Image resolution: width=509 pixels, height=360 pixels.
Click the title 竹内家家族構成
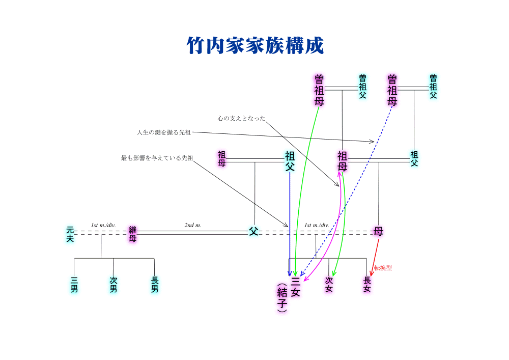pyautogui.click(x=255, y=46)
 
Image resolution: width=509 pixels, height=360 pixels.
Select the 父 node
pyautogui.click(x=253, y=232)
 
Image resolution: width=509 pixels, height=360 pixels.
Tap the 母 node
pyautogui.click(x=378, y=232)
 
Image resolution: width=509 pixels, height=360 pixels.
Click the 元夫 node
pyautogui.click(x=70, y=234)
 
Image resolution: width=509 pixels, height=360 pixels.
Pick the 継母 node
pyautogui.click(x=132, y=234)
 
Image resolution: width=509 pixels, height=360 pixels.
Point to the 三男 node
pyautogui.click(x=74, y=285)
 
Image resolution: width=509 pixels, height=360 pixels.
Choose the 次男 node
pyautogui.click(x=113, y=285)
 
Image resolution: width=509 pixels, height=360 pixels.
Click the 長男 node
pyautogui.click(x=154, y=285)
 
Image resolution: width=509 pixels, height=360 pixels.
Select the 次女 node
pyautogui.click(x=329, y=285)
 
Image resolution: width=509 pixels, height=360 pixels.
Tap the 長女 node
pyautogui.click(x=367, y=285)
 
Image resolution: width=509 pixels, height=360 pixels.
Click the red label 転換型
pyautogui.click(x=383, y=268)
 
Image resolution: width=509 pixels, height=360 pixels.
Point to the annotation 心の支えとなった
pyautogui.click(x=241, y=118)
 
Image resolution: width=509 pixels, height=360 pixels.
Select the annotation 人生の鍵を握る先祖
pyautogui.click(x=163, y=132)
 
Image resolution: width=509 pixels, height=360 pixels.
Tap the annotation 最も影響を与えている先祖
pyautogui.click(x=157, y=158)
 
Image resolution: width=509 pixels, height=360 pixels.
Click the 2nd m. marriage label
pyautogui.click(x=193, y=225)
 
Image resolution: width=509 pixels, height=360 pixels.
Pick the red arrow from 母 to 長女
pyautogui.click(x=375, y=257)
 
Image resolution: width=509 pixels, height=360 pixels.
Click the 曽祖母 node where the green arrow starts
pyautogui.click(x=319, y=90)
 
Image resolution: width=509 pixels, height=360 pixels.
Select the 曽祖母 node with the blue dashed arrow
pyautogui.click(x=392, y=90)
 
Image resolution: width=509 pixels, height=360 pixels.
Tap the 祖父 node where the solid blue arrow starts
pyautogui.click(x=290, y=161)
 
